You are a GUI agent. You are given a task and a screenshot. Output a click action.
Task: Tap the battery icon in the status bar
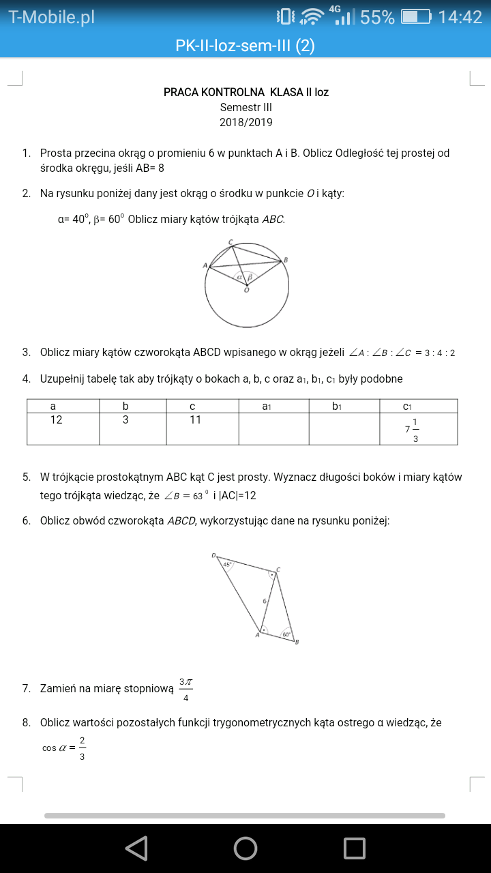point(415,17)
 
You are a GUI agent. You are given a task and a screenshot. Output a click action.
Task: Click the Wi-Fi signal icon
point(312,17)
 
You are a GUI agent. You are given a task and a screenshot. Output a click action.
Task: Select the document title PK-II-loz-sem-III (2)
point(245,46)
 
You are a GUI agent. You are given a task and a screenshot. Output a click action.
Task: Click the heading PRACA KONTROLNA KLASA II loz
point(245,92)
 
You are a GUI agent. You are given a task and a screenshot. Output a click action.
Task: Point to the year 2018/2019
point(245,123)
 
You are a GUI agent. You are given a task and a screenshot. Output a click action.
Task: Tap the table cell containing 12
point(56,420)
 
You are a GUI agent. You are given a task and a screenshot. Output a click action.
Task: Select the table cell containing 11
point(195,420)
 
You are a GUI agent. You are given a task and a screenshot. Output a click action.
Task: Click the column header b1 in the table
point(336,406)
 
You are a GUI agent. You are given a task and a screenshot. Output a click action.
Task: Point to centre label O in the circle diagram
point(246,290)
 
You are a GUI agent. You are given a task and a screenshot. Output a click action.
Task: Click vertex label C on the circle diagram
point(230,242)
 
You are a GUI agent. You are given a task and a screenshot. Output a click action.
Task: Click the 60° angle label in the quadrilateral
point(286,634)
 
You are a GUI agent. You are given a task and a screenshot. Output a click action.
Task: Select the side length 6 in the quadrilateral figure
point(265,601)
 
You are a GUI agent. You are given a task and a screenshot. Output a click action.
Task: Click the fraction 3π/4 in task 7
point(185,689)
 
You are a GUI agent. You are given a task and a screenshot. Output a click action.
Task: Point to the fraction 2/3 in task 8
point(82,748)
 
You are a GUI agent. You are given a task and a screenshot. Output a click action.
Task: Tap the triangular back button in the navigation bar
point(136,848)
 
